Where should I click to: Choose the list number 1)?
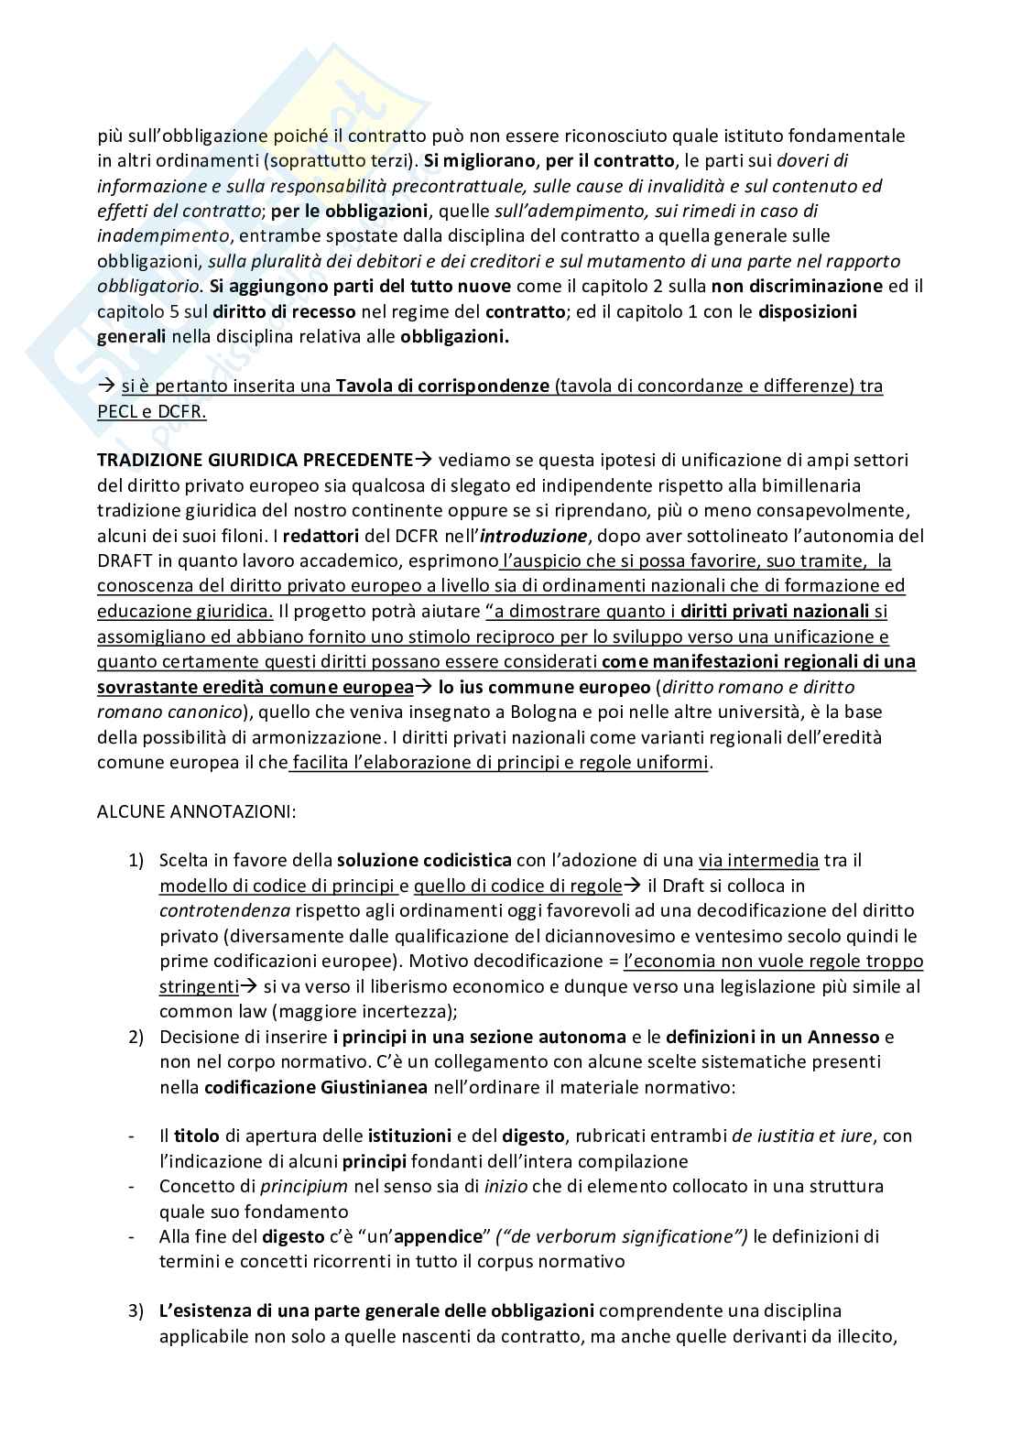click(x=136, y=861)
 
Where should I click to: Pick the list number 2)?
click(x=136, y=1038)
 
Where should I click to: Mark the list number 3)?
click(x=136, y=1311)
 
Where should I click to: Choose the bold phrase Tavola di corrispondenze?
click(x=442, y=386)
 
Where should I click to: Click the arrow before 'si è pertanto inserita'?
click(x=106, y=386)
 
